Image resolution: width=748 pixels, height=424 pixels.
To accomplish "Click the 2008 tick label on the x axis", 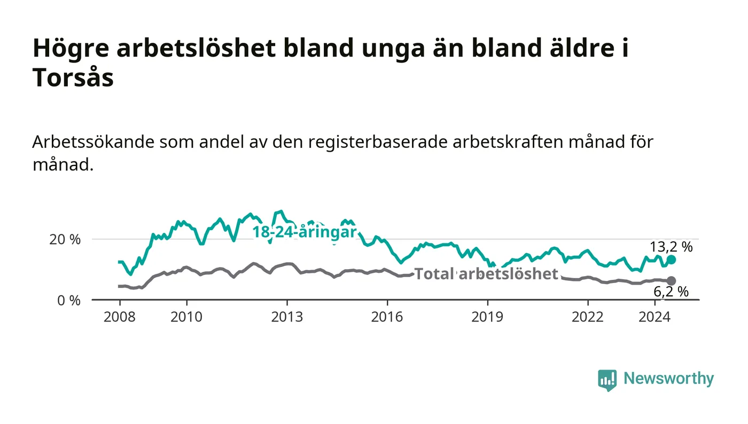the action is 120,317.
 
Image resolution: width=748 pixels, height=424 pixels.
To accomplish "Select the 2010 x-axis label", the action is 186,317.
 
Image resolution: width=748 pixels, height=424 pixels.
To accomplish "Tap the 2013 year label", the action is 287,317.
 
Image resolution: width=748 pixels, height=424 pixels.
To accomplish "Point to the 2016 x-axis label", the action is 387,317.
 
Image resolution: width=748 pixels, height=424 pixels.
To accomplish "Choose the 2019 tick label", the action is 487,317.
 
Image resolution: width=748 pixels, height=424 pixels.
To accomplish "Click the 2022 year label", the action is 588,317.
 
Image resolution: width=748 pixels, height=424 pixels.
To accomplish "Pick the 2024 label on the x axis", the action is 654,317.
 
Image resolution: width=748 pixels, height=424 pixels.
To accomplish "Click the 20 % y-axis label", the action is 65,240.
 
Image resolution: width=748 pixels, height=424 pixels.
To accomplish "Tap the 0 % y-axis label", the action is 69,301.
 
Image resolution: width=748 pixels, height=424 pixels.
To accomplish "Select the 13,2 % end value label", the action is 671,247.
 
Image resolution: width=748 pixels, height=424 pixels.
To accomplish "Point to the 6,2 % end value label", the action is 671,292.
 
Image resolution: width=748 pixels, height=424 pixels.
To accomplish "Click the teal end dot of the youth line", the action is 671,260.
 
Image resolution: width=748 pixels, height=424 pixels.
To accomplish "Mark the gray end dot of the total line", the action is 671,281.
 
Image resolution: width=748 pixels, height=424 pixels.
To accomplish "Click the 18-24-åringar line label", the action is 305,232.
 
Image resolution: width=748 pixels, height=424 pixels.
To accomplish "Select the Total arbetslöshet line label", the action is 486,274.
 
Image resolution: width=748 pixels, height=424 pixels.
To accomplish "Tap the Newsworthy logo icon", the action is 607,380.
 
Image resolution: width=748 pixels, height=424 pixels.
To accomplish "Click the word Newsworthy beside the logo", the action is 669,379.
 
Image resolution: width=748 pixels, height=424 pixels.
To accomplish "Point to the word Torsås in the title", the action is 73,78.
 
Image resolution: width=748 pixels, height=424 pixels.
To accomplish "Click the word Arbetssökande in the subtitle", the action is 93,143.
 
